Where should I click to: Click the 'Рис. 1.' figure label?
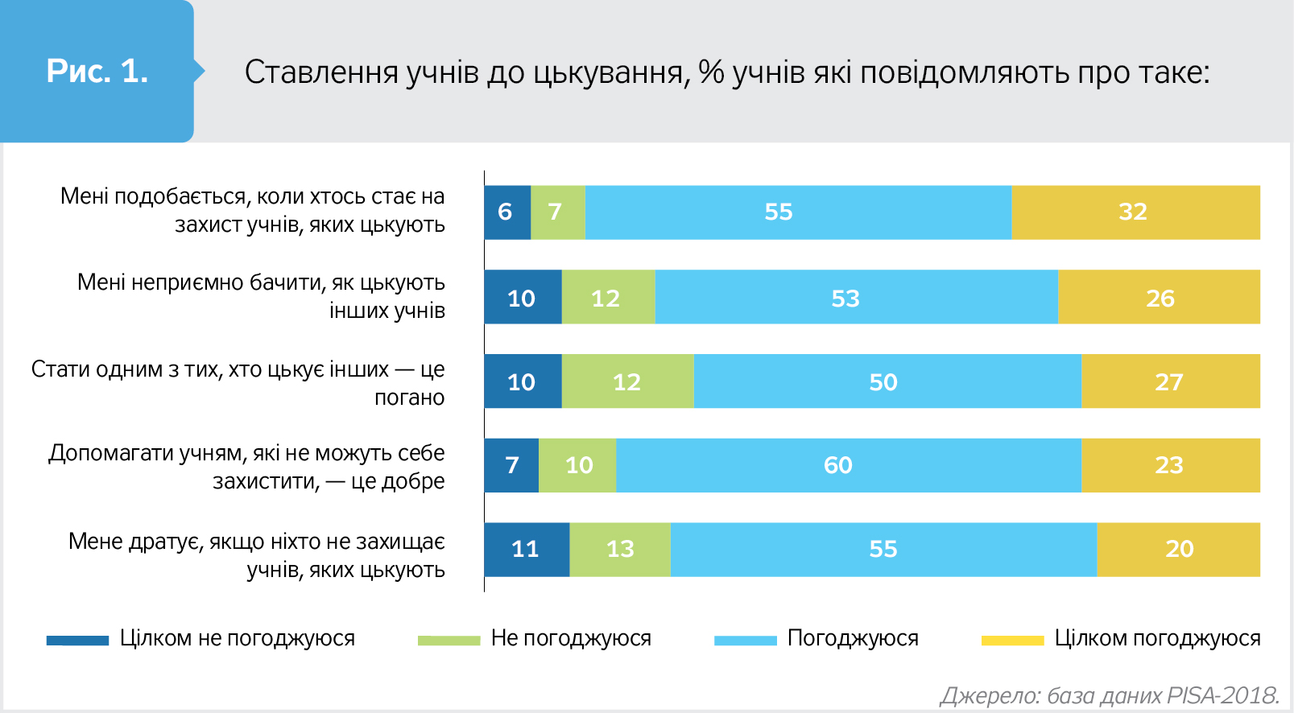coord(97,72)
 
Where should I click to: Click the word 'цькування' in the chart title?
coord(611,72)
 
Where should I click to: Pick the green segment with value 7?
coord(557,212)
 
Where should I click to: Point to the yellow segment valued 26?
coord(1159,297)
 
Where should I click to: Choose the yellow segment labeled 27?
coord(1170,381)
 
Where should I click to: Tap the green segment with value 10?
coord(577,465)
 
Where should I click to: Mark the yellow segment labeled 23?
coord(1170,465)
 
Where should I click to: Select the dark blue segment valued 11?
coord(527,550)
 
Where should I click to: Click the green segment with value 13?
coord(620,550)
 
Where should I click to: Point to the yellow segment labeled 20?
coord(1178,550)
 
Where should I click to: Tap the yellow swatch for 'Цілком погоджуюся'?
coord(1012,641)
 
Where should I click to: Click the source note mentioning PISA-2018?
coord(1109,695)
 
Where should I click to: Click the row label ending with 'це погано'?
coord(238,383)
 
